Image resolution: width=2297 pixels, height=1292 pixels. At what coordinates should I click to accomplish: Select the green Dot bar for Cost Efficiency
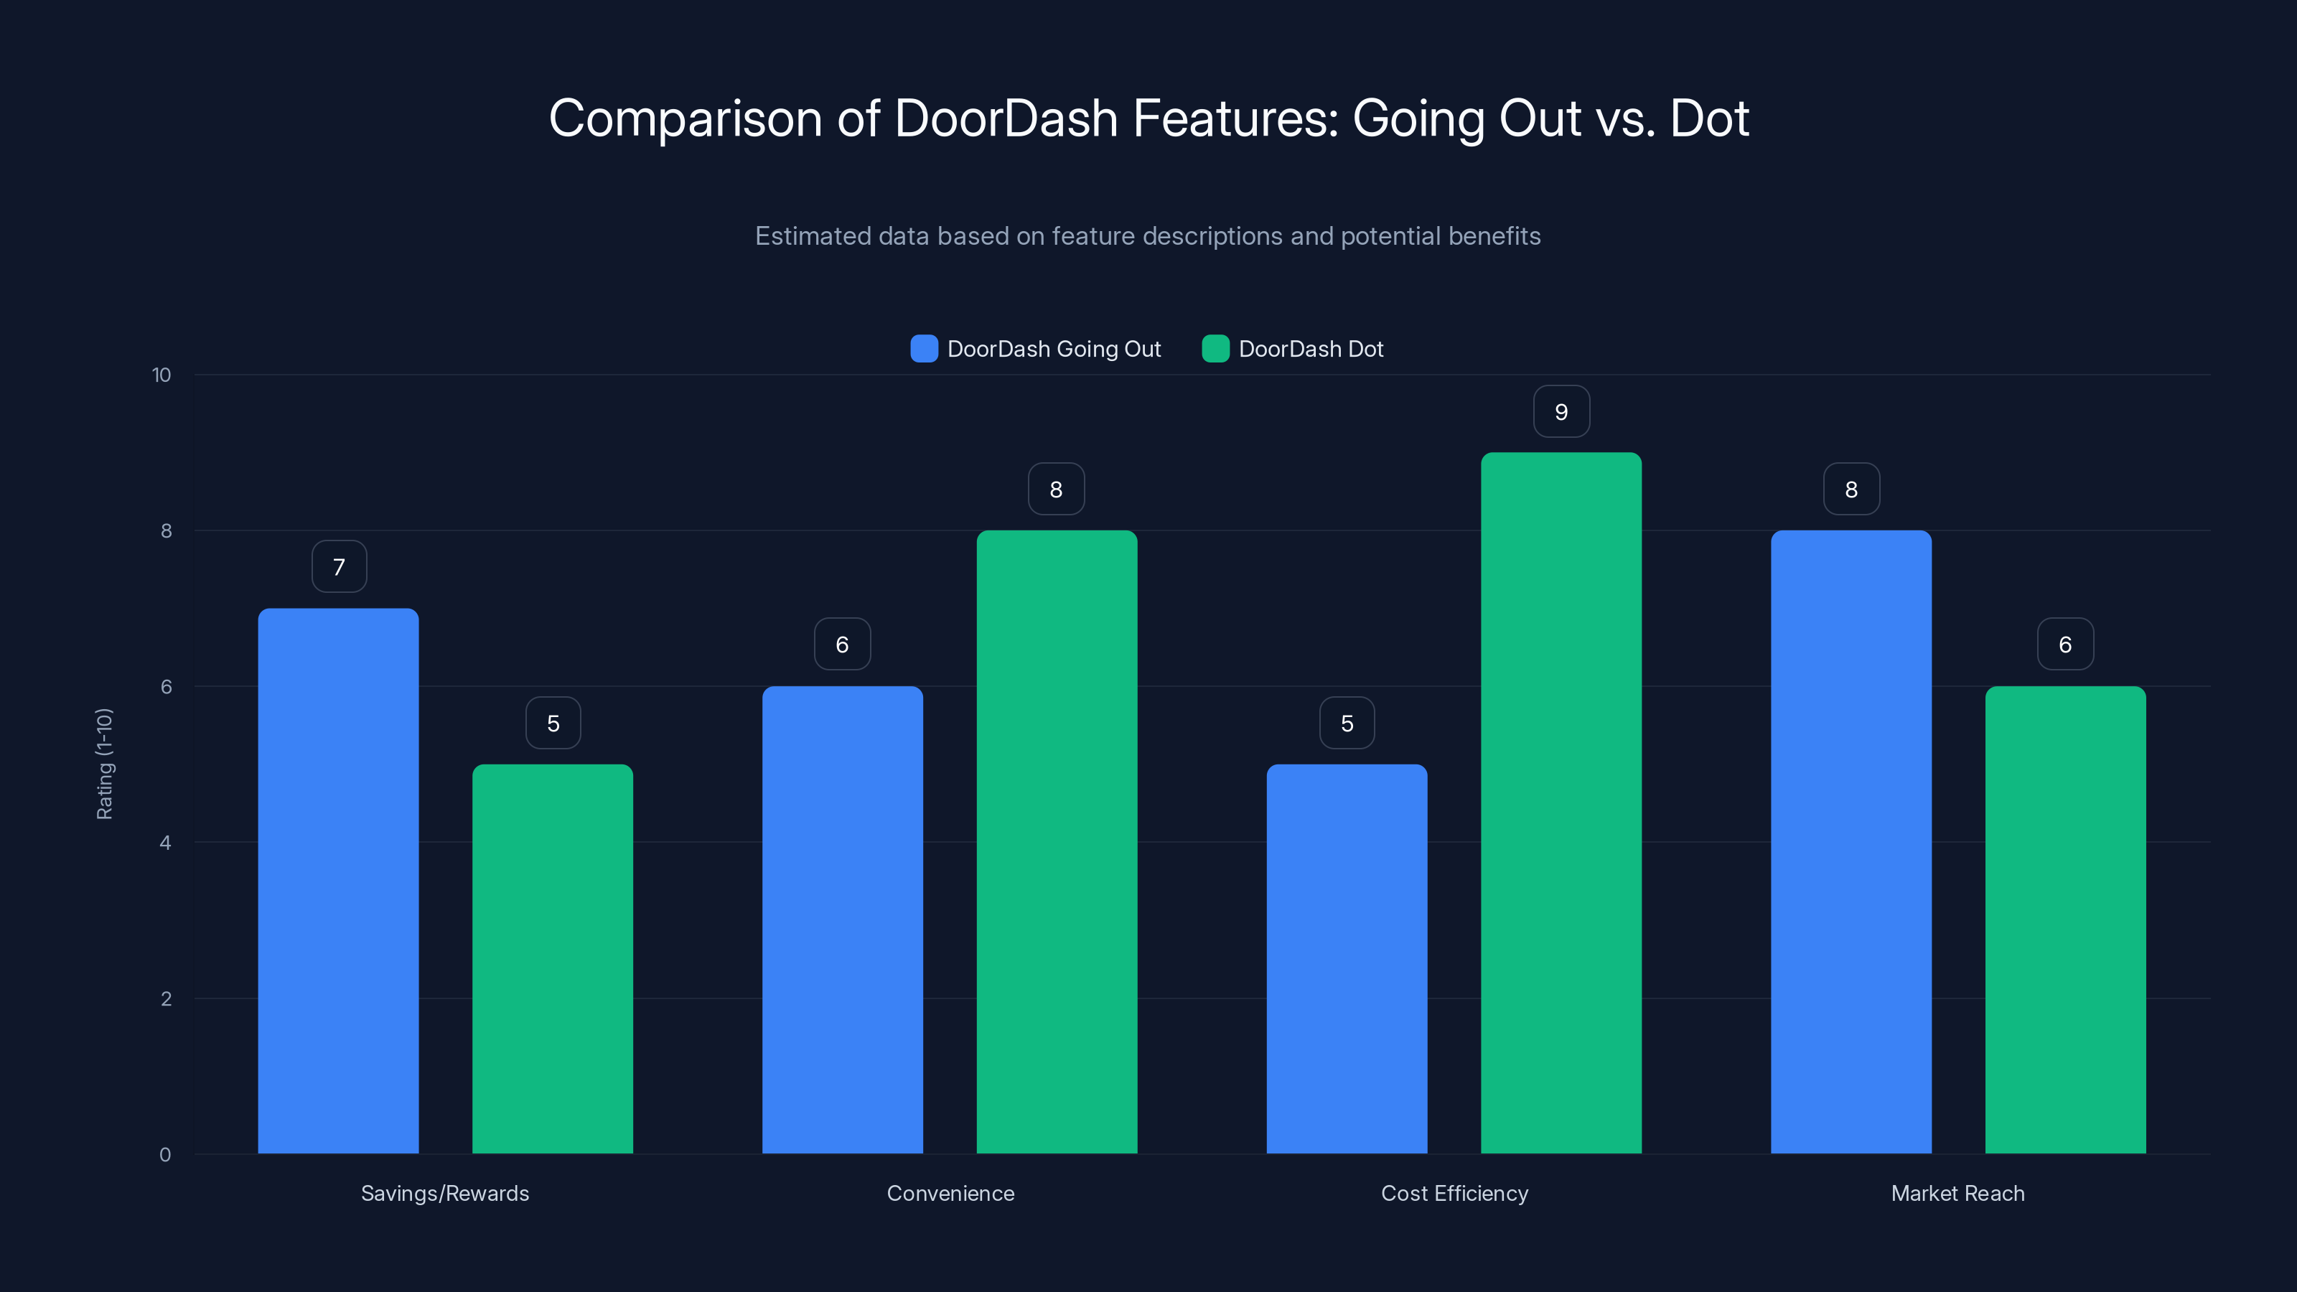pyautogui.click(x=1561, y=802)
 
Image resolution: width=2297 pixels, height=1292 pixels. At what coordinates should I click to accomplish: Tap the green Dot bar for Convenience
pyautogui.click(x=1057, y=842)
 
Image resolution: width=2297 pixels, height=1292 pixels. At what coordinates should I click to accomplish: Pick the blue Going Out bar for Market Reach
pyautogui.click(x=1851, y=842)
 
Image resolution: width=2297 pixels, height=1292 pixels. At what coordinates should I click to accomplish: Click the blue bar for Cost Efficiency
pyautogui.click(x=1347, y=958)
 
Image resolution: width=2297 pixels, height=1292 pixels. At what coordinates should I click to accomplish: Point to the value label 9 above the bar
pyautogui.click(x=1561, y=412)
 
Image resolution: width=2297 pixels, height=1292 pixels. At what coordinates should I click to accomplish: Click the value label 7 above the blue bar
pyautogui.click(x=339, y=567)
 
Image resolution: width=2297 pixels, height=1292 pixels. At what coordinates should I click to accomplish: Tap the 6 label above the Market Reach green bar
pyautogui.click(x=2065, y=645)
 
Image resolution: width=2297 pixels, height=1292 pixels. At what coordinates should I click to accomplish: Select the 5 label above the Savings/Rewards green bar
pyautogui.click(x=553, y=723)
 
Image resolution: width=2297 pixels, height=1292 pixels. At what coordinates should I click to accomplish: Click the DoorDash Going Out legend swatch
pyautogui.click(x=924, y=349)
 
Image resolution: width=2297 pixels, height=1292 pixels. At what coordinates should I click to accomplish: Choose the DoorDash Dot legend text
pyautogui.click(x=1311, y=349)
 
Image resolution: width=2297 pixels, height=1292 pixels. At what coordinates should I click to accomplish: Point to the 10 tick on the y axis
pyautogui.click(x=162, y=375)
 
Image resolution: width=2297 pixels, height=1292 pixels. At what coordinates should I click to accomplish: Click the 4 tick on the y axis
pyautogui.click(x=165, y=843)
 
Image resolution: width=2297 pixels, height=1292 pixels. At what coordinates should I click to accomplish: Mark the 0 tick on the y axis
pyautogui.click(x=165, y=1155)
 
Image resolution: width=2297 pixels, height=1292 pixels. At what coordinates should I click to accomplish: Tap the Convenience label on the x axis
pyautogui.click(x=950, y=1193)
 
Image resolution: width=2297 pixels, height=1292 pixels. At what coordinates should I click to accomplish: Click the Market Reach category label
pyautogui.click(x=1957, y=1193)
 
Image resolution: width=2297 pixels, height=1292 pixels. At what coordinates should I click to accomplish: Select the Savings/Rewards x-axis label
pyautogui.click(x=445, y=1193)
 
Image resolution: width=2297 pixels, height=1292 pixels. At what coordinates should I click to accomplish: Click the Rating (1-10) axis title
pyautogui.click(x=104, y=764)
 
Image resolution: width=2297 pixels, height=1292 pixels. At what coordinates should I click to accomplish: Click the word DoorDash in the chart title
pyautogui.click(x=1006, y=118)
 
